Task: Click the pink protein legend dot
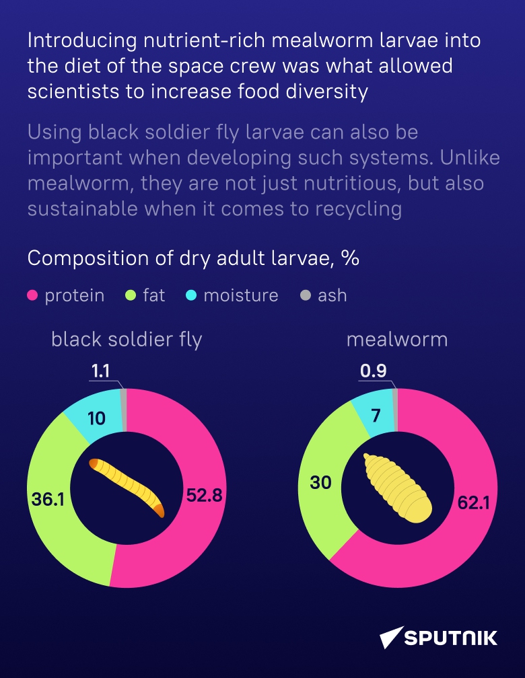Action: (32, 295)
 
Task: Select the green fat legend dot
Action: (131, 295)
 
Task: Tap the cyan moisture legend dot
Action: (192, 295)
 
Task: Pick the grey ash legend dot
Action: (306, 295)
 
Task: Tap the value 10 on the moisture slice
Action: (97, 418)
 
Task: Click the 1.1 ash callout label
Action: (101, 372)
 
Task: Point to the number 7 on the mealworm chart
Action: (376, 415)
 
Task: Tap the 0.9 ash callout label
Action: (373, 372)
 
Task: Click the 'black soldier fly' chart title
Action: (127, 340)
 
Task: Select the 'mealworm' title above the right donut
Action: (397, 339)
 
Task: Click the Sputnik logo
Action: (439, 637)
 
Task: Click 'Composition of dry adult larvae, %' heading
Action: (193, 258)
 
